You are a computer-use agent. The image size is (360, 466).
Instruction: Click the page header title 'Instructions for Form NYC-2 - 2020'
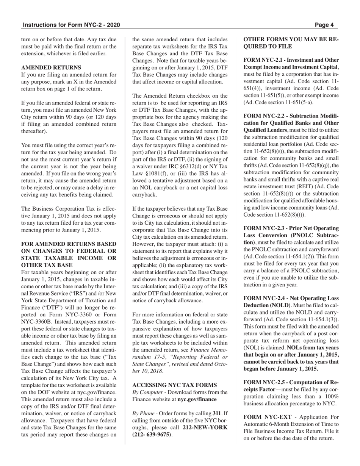(71, 25)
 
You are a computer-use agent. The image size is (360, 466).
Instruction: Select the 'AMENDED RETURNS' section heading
(51, 67)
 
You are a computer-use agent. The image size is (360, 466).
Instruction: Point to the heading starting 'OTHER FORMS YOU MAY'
(291, 39)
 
